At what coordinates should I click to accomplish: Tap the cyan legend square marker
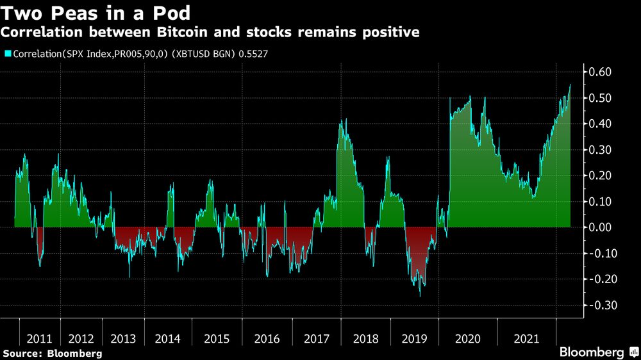[x=7, y=54]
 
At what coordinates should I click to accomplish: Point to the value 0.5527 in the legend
[x=253, y=54]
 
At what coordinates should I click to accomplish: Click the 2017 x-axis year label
[x=317, y=337]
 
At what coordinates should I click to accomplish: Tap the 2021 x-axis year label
[x=526, y=337]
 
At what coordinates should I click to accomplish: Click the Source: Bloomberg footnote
[x=53, y=353]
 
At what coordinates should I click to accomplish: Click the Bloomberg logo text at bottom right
[x=592, y=352]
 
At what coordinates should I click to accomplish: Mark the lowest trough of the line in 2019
[x=420, y=296]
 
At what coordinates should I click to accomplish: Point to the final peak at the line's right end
[x=570, y=85]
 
